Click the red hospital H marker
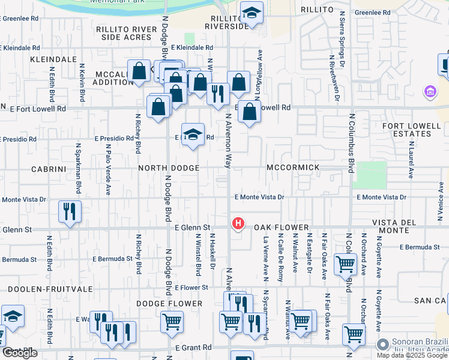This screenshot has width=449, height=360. click(238, 224)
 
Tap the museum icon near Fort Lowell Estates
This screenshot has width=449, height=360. click(430, 92)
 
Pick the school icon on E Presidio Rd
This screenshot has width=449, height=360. click(193, 134)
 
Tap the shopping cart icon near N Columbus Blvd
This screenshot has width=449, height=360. click(345, 263)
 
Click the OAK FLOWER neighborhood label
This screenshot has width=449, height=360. click(281, 228)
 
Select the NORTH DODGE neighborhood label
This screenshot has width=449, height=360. click(169, 169)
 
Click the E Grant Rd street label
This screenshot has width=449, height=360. click(193, 347)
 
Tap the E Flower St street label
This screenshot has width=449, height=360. click(192, 287)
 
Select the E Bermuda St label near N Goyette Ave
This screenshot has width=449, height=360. click(424, 247)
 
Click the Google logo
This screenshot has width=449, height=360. click(20, 353)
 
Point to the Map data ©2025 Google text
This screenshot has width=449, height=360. click(412, 355)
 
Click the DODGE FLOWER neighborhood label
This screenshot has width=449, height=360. click(169, 304)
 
